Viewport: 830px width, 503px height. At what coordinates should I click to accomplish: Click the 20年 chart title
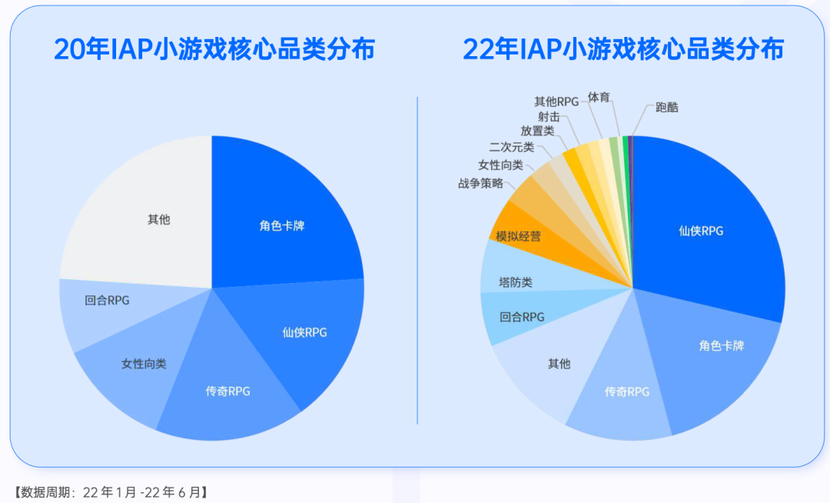click(x=214, y=49)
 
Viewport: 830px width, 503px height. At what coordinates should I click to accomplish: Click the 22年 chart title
click(x=622, y=49)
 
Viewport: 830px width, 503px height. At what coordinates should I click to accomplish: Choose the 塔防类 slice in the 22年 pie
click(x=516, y=282)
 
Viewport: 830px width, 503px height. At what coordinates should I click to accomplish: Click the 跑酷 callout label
click(x=667, y=108)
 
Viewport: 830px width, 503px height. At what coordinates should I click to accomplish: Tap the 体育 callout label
click(x=599, y=97)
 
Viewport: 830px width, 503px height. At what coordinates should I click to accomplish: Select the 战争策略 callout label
click(x=480, y=183)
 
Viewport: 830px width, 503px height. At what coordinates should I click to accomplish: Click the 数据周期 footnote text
click(x=111, y=491)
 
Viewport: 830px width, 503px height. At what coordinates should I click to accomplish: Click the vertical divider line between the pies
click(x=417, y=261)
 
